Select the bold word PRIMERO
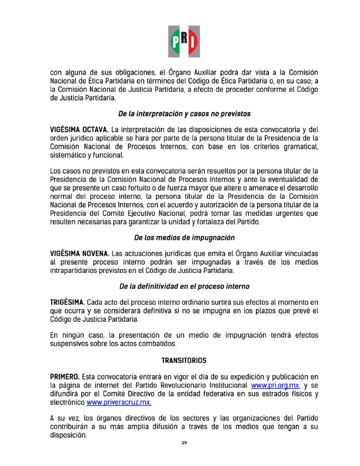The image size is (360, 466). pos(66,375)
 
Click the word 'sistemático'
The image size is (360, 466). pos(69,155)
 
